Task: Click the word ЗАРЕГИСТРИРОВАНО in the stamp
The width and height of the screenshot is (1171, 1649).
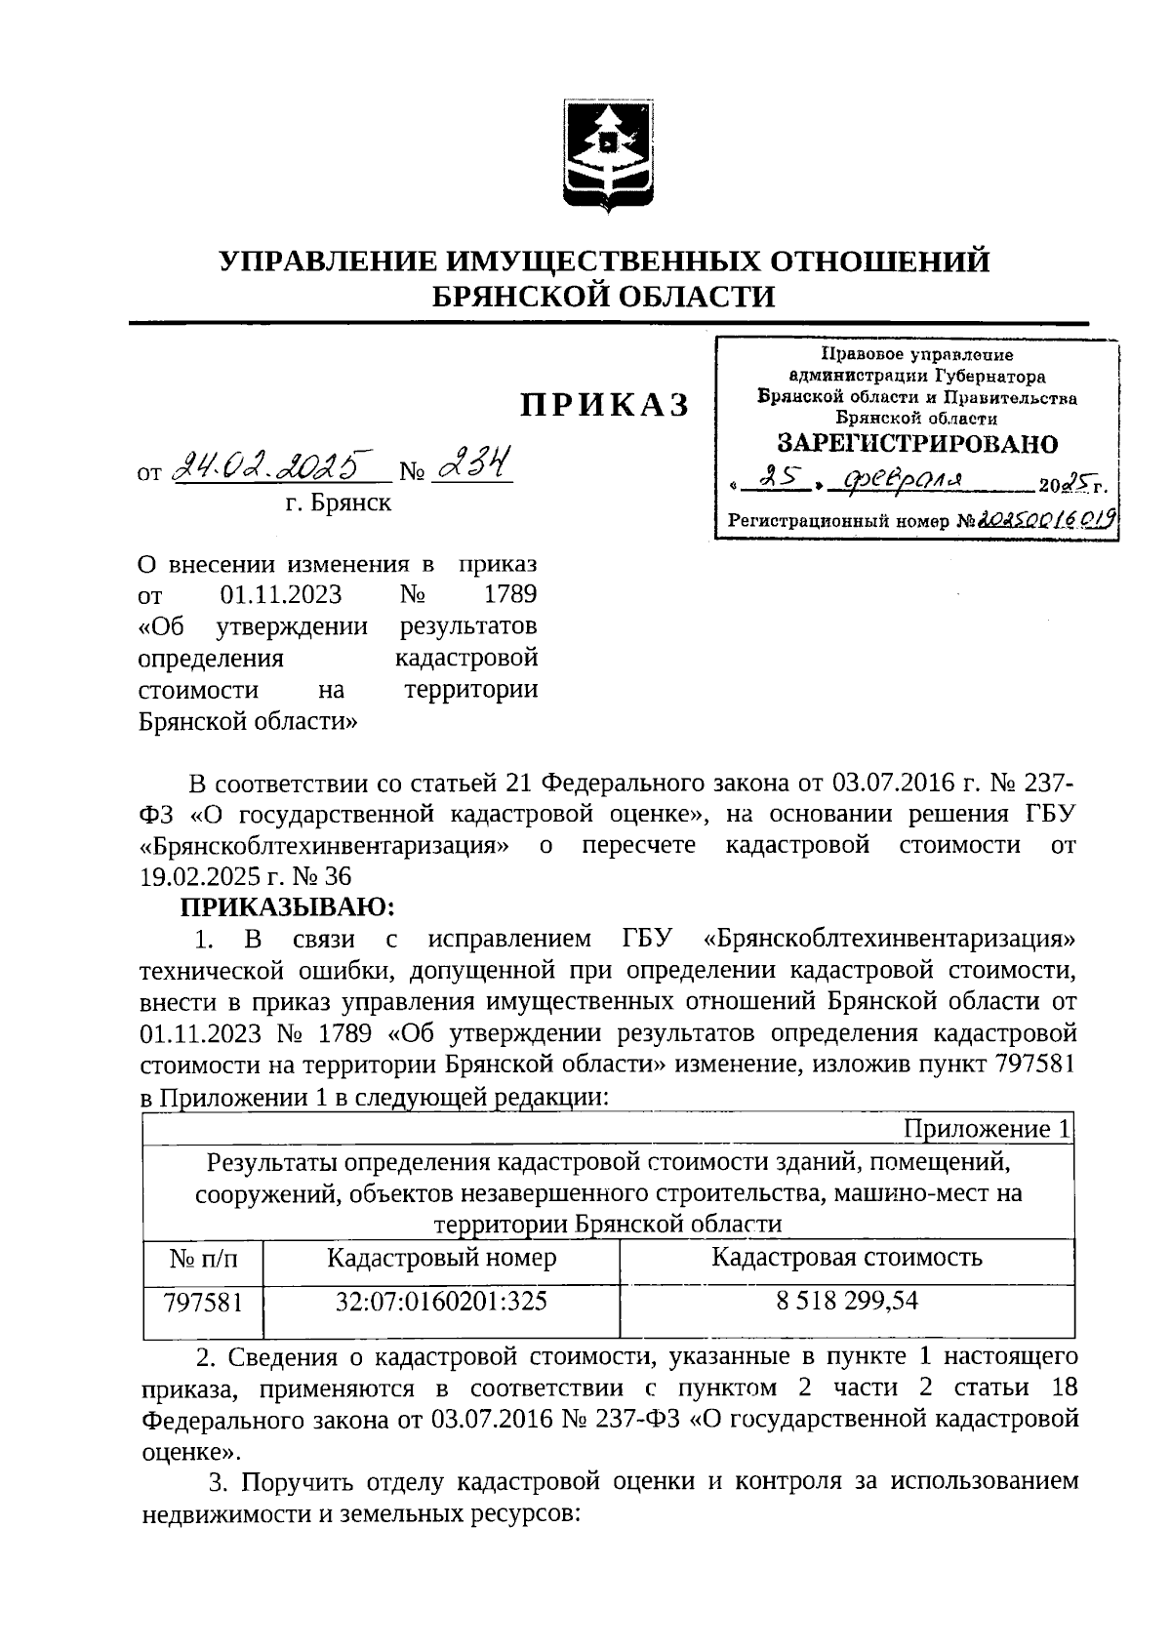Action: [x=916, y=445]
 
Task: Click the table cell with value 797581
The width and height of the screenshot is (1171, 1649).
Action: [x=203, y=1302]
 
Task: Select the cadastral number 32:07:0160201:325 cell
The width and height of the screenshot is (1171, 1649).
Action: [x=441, y=1302]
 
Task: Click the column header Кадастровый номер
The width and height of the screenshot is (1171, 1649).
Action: [x=441, y=1258]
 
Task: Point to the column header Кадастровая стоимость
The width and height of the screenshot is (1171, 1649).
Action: [x=847, y=1258]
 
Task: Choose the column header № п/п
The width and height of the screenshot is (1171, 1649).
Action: [x=203, y=1259]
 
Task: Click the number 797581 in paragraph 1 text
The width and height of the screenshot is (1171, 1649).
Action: [x=1033, y=1066]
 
